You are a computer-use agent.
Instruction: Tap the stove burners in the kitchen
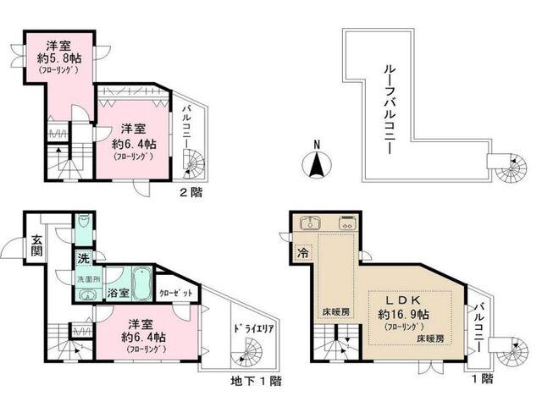347,225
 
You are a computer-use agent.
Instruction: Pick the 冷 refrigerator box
301,252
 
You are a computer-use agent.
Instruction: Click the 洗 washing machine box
85,257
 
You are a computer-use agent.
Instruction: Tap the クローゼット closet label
176,292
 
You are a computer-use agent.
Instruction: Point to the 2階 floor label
191,193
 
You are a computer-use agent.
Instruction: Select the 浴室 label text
119,293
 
